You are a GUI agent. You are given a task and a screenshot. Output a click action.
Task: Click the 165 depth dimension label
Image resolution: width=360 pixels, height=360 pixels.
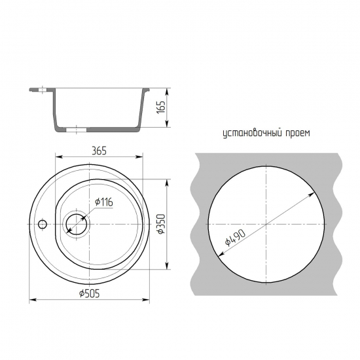[x=162, y=107]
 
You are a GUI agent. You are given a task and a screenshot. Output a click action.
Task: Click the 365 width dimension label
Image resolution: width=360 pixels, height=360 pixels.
[x=99, y=151]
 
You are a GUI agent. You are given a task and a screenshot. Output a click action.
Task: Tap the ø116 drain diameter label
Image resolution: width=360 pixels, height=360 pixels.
[x=104, y=202]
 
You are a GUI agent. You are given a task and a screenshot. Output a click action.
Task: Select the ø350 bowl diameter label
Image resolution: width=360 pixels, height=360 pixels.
[x=162, y=224]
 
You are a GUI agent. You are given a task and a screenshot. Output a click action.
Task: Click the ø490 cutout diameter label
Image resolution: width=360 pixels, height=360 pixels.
[x=235, y=238]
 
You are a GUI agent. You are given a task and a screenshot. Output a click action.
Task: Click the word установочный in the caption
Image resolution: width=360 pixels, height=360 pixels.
[x=252, y=133]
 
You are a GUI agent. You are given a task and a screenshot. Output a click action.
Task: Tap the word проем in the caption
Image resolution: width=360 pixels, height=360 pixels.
[x=298, y=134]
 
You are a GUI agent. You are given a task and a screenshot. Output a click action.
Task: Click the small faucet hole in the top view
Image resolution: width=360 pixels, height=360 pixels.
[x=43, y=224]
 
